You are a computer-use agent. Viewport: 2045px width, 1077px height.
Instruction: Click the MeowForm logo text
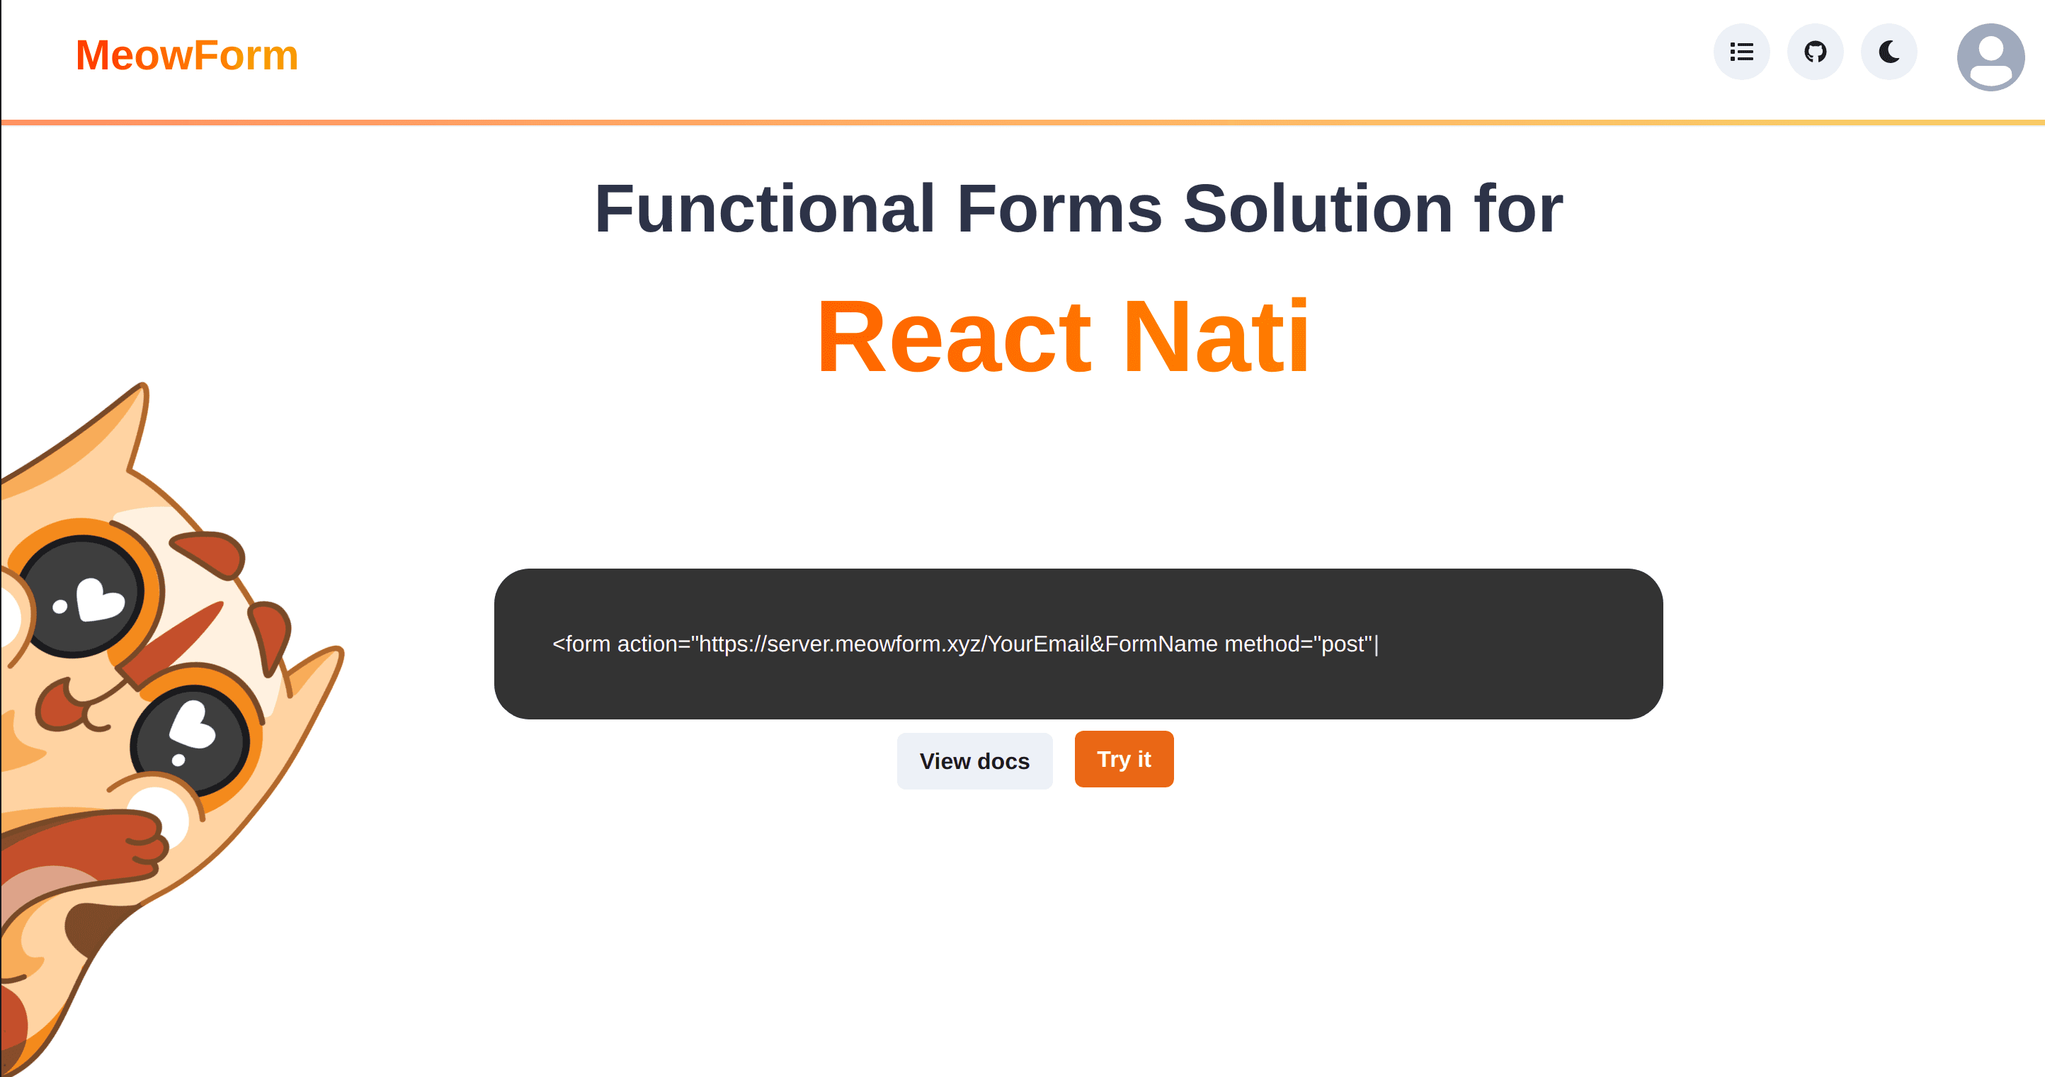(x=186, y=55)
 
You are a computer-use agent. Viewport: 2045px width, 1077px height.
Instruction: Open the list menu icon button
(x=1741, y=52)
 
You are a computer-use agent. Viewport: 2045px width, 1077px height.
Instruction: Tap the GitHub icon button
(x=1815, y=52)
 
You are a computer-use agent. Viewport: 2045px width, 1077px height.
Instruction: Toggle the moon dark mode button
(x=1889, y=52)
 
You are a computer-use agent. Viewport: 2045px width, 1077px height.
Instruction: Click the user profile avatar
(x=1990, y=57)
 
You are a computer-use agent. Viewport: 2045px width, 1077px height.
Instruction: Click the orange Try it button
(x=1123, y=760)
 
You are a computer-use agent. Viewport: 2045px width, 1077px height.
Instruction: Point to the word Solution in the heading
(x=1318, y=208)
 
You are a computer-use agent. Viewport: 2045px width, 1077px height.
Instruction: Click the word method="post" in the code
(x=1298, y=644)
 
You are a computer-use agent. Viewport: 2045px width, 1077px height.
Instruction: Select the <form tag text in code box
(x=581, y=644)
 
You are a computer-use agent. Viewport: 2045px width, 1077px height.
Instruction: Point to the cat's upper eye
(x=81, y=596)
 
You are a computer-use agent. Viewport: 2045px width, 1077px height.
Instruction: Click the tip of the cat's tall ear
(x=143, y=386)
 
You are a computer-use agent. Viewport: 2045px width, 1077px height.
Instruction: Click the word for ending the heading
(x=1519, y=208)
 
